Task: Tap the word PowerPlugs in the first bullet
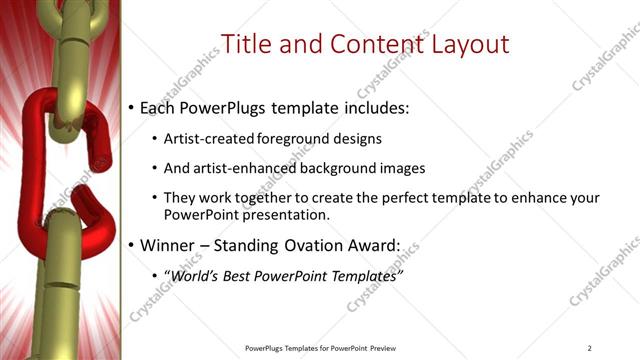[226, 107]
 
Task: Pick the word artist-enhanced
[240, 168]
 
